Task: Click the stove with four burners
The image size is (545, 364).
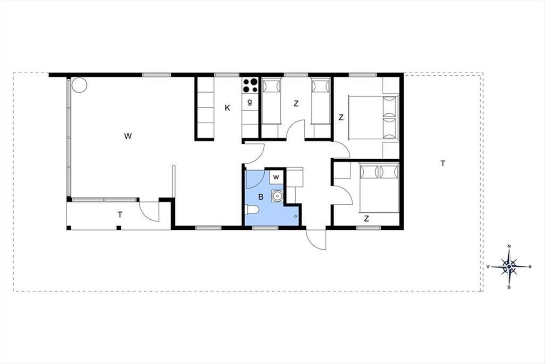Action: click(250, 86)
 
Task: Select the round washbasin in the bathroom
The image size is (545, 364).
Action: click(277, 196)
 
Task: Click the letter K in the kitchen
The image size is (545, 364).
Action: click(228, 108)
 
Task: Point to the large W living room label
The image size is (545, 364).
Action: click(128, 136)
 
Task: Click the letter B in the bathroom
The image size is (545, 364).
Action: click(261, 197)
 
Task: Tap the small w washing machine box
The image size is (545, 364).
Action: click(277, 177)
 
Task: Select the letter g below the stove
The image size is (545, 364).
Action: click(250, 102)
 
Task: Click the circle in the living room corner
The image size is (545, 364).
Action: click(79, 85)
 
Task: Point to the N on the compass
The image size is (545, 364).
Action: click(509, 246)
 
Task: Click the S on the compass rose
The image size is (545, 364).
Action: click(509, 288)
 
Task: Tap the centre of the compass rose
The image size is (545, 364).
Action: click(509, 267)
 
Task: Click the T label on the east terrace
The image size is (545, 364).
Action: click(443, 164)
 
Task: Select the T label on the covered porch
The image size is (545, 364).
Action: click(120, 215)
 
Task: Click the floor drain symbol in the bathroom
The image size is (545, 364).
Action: click(296, 216)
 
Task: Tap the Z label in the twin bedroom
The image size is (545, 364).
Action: click(296, 104)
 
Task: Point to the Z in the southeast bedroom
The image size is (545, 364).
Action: click(367, 218)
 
